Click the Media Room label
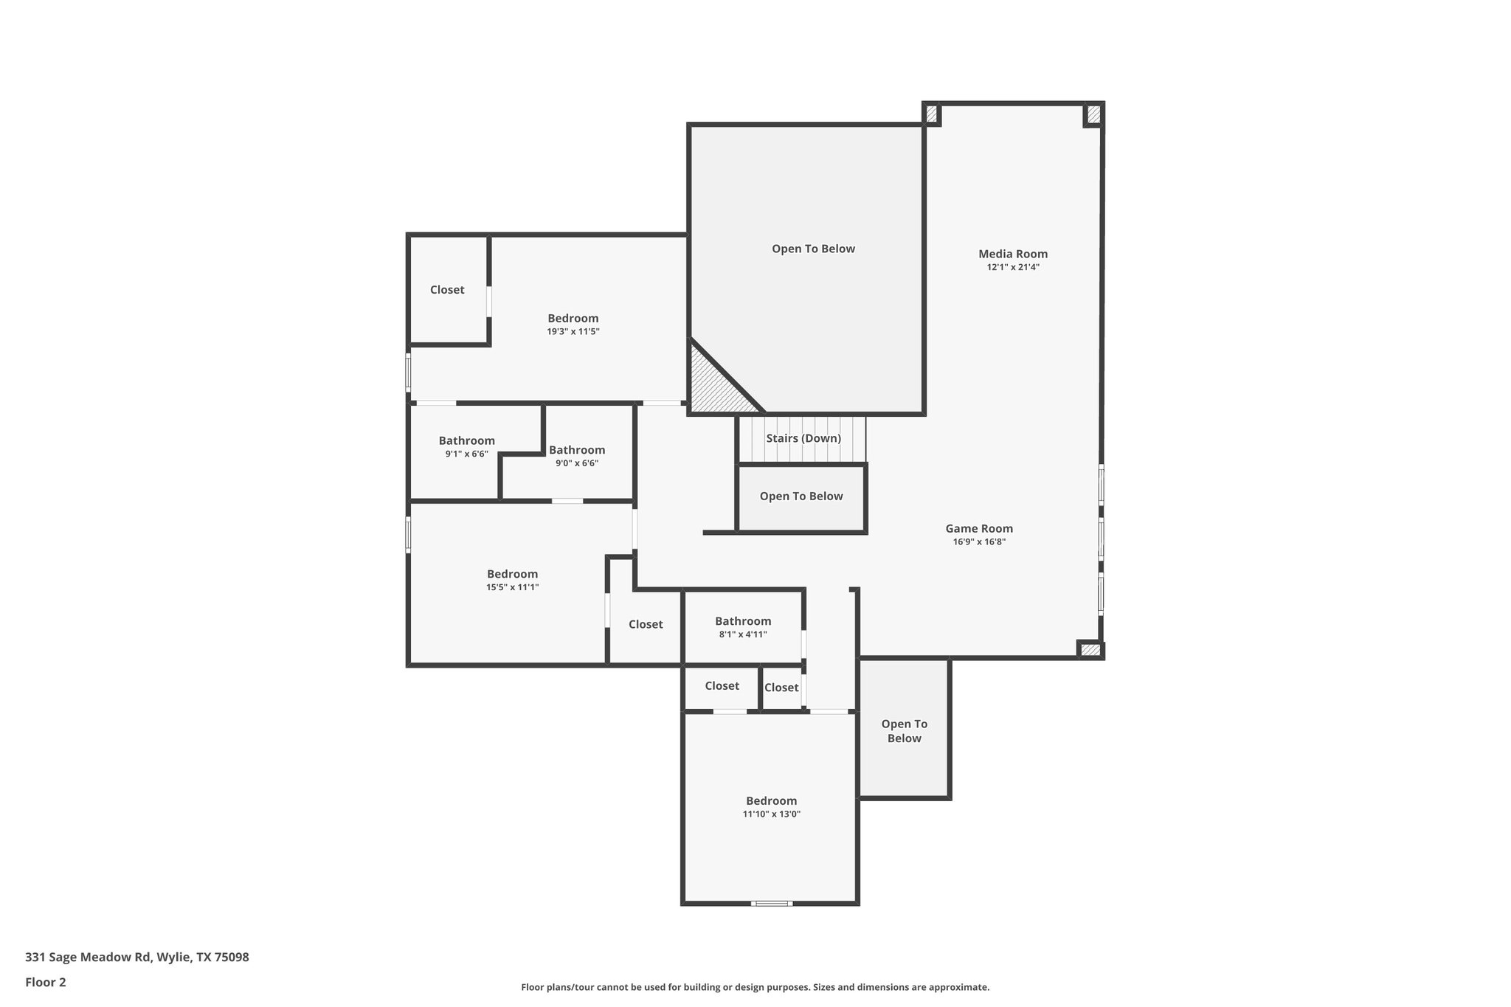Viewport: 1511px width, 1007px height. [x=1012, y=254]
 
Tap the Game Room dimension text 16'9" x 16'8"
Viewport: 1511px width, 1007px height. [x=979, y=541]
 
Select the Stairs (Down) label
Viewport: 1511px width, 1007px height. [x=803, y=438]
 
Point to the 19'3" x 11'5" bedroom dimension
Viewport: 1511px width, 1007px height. [x=573, y=332]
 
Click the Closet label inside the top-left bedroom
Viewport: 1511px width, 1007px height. [x=447, y=290]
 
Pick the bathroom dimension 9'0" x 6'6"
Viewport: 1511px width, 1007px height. [x=576, y=463]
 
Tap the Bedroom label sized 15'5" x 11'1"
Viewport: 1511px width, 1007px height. [x=512, y=574]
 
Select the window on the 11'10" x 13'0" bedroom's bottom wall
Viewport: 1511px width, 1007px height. [x=772, y=903]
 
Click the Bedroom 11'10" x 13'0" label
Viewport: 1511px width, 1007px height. [x=771, y=801]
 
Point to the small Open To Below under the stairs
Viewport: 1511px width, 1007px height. [x=801, y=496]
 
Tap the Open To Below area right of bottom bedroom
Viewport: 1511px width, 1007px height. [x=904, y=730]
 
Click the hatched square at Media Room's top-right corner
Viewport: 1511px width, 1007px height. [x=1093, y=114]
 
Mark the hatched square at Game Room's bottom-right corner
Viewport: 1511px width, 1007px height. [x=1090, y=650]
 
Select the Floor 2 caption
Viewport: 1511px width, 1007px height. [x=46, y=982]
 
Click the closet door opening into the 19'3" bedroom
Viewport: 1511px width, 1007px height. [x=488, y=302]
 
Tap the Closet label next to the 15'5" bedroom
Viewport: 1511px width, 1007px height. [x=646, y=624]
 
